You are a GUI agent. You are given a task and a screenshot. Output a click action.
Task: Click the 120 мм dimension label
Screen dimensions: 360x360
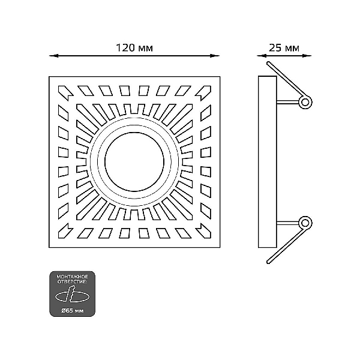(x=134, y=48)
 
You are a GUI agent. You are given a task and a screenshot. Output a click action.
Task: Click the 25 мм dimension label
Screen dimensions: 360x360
(x=284, y=48)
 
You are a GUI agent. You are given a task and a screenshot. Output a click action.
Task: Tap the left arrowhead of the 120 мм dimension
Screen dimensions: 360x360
(x=54, y=56)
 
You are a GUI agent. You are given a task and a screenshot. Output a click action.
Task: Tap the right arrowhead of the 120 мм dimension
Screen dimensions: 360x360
(x=215, y=56)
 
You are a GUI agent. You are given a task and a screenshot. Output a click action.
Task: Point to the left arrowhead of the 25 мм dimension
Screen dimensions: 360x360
(x=262, y=56)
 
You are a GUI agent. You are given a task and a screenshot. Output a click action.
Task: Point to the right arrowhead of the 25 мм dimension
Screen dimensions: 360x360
(x=307, y=56)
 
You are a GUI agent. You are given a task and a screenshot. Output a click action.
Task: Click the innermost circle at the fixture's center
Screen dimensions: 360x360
(x=134, y=161)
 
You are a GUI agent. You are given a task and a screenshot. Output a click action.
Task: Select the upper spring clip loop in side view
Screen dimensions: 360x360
(x=305, y=102)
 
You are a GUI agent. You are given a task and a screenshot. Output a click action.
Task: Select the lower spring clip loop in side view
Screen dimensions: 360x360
(x=305, y=223)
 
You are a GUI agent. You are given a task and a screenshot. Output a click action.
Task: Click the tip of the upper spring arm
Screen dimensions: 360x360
(x=268, y=63)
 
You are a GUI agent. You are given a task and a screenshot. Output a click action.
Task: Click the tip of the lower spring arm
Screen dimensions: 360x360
(x=268, y=262)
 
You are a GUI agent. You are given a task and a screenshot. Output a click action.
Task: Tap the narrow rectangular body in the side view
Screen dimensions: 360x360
(x=268, y=161)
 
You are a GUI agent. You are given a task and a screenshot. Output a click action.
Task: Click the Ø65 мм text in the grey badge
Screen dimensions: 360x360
(x=73, y=311)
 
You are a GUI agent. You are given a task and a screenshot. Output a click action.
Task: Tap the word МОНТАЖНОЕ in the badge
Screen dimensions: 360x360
(x=73, y=277)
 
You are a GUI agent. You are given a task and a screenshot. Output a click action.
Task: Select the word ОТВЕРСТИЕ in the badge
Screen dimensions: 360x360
(x=72, y=281)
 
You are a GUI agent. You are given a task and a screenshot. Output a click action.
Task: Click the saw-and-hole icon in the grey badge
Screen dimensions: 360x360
(x=72, y=295)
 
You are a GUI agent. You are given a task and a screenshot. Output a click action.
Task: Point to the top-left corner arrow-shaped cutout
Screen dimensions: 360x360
(x=65, y=93)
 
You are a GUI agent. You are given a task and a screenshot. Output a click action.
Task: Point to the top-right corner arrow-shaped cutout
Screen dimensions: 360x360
(x=203, y=93)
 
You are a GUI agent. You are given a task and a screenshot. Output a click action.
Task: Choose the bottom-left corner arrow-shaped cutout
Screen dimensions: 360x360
(x=65, y=230)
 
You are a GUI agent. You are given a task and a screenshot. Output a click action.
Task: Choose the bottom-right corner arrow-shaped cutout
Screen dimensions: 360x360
(x=203, y=230)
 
